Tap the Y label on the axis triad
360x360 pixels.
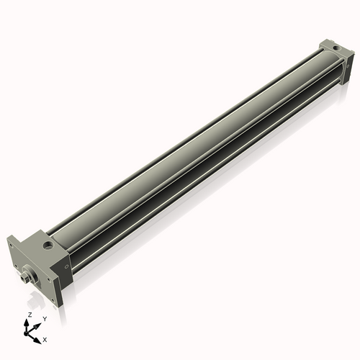coord(45,319)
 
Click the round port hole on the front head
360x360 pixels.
coord(48,247)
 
